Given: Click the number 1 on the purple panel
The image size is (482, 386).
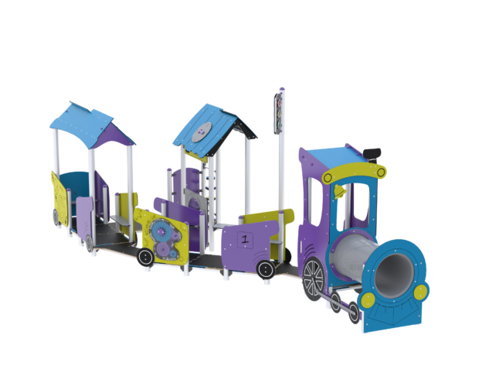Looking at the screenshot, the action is pos(245,239).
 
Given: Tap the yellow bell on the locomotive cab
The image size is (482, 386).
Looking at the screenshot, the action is pos(339,191).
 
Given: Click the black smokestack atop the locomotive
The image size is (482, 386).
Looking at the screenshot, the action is pos(372,155).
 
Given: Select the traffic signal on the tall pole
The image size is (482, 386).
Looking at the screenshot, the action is pos(279,113).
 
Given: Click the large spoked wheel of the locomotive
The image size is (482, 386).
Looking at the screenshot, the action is pos(314,278).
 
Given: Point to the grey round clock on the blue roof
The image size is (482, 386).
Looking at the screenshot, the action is pos(202,132).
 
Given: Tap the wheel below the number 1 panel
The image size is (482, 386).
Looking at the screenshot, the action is pos(266,270).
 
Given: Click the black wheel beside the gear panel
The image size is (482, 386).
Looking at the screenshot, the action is pos(146,257).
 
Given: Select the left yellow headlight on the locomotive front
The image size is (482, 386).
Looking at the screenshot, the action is pos(368,300).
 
